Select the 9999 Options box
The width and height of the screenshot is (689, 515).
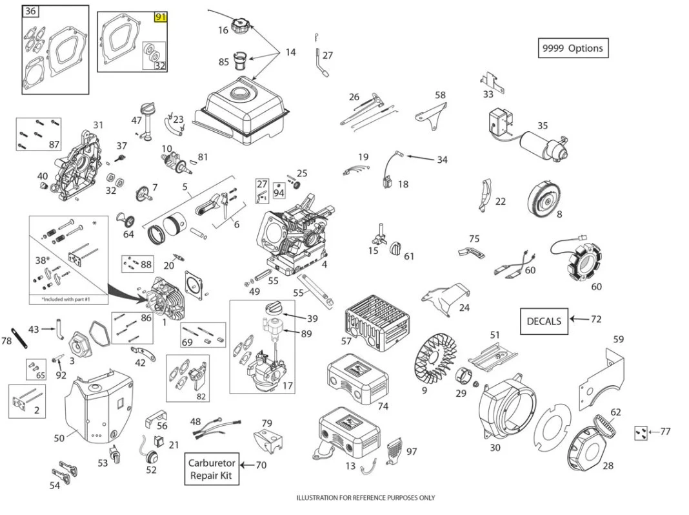573,48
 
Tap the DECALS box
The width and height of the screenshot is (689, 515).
544,321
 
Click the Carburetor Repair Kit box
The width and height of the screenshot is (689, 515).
212,470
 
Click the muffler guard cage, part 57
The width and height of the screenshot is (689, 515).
377,320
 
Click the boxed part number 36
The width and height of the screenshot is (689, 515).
30,12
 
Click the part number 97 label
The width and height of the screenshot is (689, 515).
411,452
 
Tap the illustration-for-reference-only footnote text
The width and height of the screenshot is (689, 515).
365,498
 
